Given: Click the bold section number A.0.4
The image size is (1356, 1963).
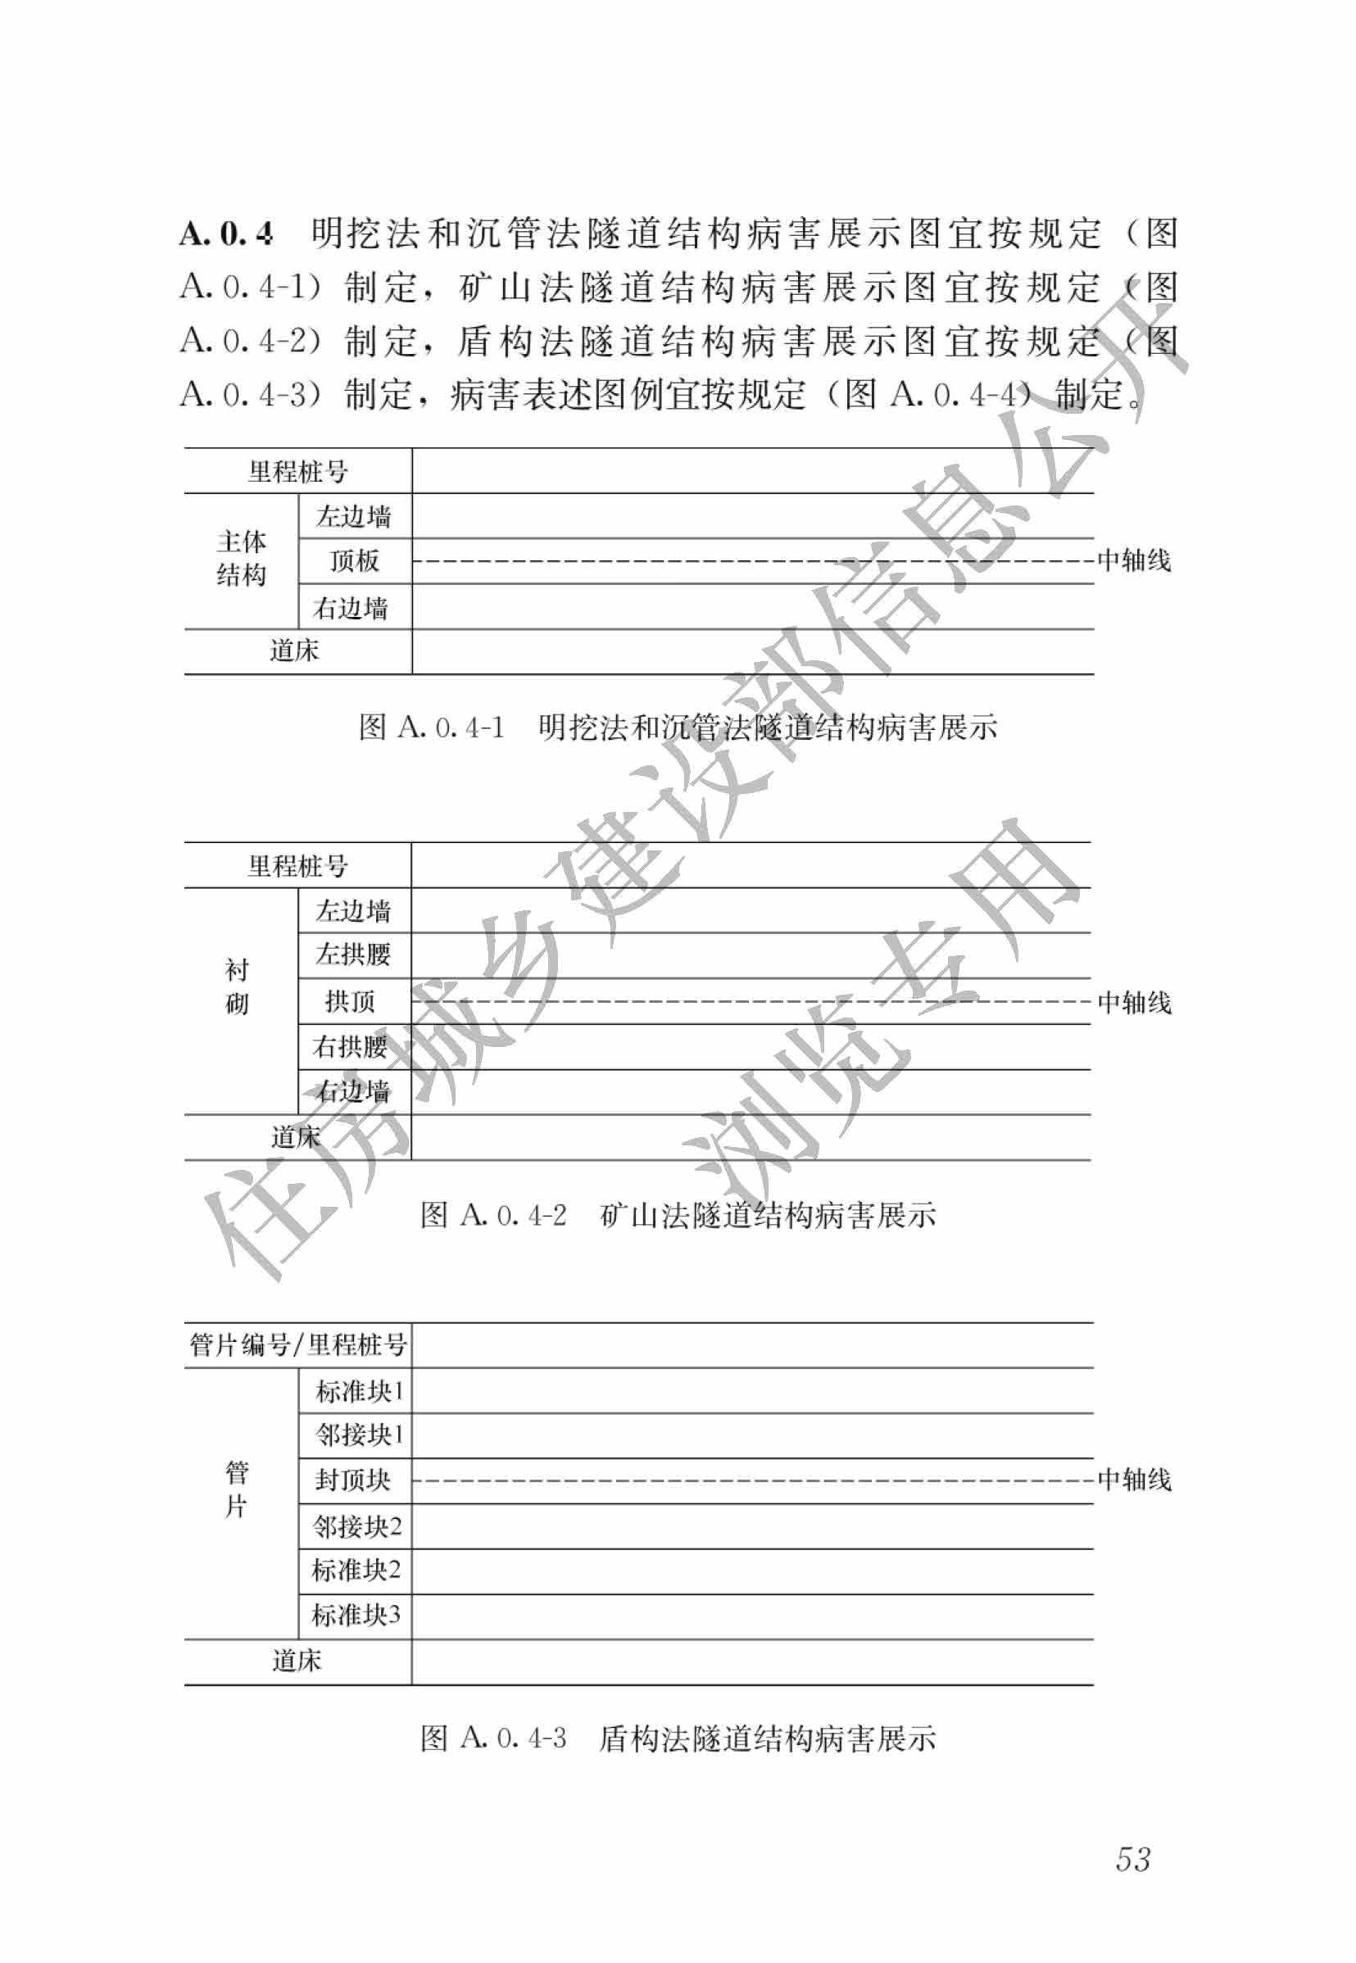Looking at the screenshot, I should click(226, 233).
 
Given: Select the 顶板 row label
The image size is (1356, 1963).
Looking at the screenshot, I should click(354, 560).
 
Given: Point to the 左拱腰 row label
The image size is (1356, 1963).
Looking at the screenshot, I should click(353, 954).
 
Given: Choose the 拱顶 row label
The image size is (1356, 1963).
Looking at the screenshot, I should click(350, 1001).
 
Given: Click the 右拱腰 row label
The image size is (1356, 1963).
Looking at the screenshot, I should click(350, 1046).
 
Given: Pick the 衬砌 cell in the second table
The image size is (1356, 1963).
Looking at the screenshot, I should click(237, 986).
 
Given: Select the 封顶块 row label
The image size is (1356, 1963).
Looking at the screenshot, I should click(352, 1480).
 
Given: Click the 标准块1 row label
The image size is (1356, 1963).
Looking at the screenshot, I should click(359, 1390).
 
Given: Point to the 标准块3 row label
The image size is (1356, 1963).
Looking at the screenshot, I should click(356, 1615).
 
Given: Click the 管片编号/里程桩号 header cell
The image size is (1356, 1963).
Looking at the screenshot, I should click(297, 1344).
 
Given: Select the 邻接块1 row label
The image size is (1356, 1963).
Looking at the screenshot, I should click(359, 1435).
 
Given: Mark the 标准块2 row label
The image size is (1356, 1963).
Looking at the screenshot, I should click(356, 1570).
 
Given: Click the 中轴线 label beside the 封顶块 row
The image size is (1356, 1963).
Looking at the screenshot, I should click(1134, 1480).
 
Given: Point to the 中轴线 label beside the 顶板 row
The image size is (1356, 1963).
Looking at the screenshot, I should click(1134, 560).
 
